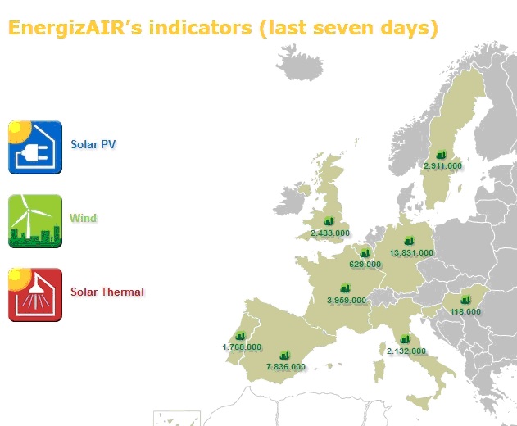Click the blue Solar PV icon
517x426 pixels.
click(x=35, y=147)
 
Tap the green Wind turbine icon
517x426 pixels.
click(x=35, y=221)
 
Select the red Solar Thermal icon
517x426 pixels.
click(x=35, y=295)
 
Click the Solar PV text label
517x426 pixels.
click(x=93, y=144)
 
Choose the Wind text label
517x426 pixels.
click(x=83, y=218)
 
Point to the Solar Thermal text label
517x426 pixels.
click(x=107, y=292)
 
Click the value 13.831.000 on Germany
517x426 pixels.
click(x=411, y=253)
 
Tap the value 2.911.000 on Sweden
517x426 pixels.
click(x=442, y=165)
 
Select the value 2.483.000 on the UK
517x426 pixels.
click(x=330, y=233)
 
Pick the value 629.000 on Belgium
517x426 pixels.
click(x=365, y=265)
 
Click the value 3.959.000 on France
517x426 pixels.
click(x=347, y=301)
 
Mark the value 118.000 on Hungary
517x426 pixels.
click(x=465, y=311)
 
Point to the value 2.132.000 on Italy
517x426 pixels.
click(x=406, y=351)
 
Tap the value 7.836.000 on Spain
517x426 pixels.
click(x=286, y=367)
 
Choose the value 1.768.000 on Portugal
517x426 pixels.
click(x=242, y=347)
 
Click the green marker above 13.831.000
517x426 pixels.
click(x=409, y=241)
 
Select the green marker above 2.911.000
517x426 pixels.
click(x=441, y=154)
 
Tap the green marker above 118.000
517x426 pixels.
click(x=465, y=300)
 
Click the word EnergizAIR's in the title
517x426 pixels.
click(x=75, y=28)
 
